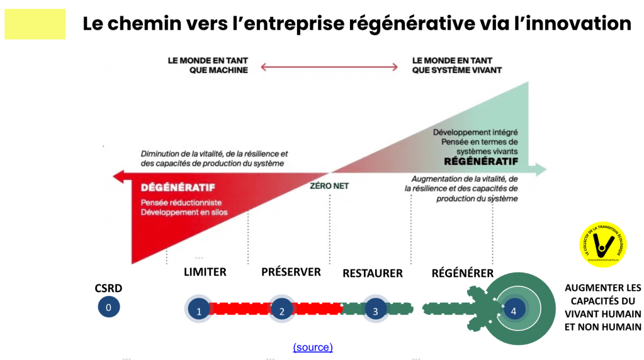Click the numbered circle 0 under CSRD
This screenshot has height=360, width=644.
pos(109,307)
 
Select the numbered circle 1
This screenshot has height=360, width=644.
pos(199,310)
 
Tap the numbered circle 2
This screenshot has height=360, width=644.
pos(282,310)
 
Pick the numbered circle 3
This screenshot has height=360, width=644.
pos(375,310)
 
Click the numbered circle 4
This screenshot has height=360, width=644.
pos(514,310)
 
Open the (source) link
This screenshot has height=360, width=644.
pos(313,347)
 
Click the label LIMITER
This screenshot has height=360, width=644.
pos(205,272)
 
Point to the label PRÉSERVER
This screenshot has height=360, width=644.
pos(291,272)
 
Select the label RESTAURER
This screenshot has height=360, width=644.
pos(373,273)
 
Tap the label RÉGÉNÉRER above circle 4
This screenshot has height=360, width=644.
pos(463,273)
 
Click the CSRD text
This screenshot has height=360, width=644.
pos(109,288)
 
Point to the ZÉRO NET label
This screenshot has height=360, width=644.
pos(329,186)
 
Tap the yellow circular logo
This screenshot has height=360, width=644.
pos(602,245)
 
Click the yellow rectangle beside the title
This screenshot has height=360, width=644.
pos(35,25)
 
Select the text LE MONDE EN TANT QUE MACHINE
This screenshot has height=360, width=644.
pos(208,65)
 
